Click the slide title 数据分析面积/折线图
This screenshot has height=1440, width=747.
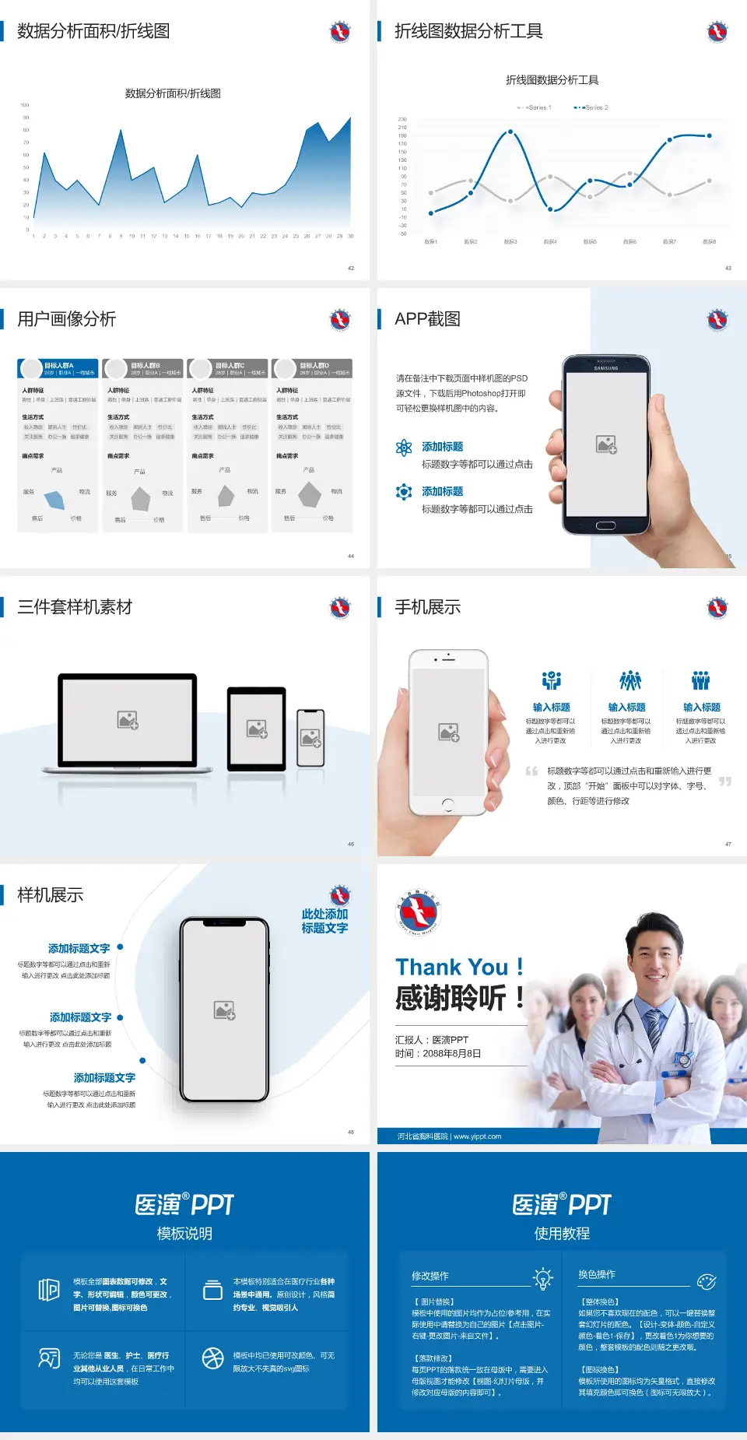coord(93,31)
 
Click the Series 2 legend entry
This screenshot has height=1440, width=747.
coord(592,107)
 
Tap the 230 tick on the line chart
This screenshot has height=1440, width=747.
coord(402,119)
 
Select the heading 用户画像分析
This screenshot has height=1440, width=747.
coord(67,319)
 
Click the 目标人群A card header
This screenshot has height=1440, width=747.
coord(58,368)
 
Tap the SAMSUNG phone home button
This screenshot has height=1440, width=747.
coord(605,525)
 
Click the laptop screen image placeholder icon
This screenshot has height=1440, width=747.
coord(128,720)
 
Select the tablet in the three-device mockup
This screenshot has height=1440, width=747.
coord(257,729)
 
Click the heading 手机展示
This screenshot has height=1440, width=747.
coord(427,607)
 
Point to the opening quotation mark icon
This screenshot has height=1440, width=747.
coord(531,771)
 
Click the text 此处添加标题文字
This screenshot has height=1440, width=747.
coord(324,921)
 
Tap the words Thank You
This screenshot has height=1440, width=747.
coord(451,967)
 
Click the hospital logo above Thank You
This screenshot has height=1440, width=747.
coord(418,912)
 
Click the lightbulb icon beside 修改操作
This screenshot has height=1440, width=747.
coord(542,1278)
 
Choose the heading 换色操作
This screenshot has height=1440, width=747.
coord(597,1274)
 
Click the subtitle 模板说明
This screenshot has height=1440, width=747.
coord(184,1234)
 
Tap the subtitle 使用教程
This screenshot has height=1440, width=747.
coord(562,1234)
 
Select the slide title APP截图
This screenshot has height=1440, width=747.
coord(427,319)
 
